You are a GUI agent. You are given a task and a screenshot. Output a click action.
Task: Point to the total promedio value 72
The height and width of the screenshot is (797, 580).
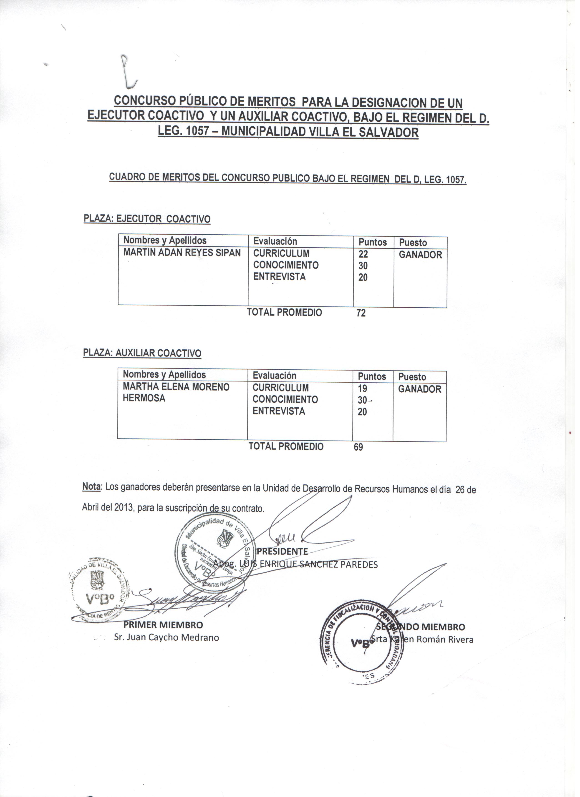click(x=364, y=315)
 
